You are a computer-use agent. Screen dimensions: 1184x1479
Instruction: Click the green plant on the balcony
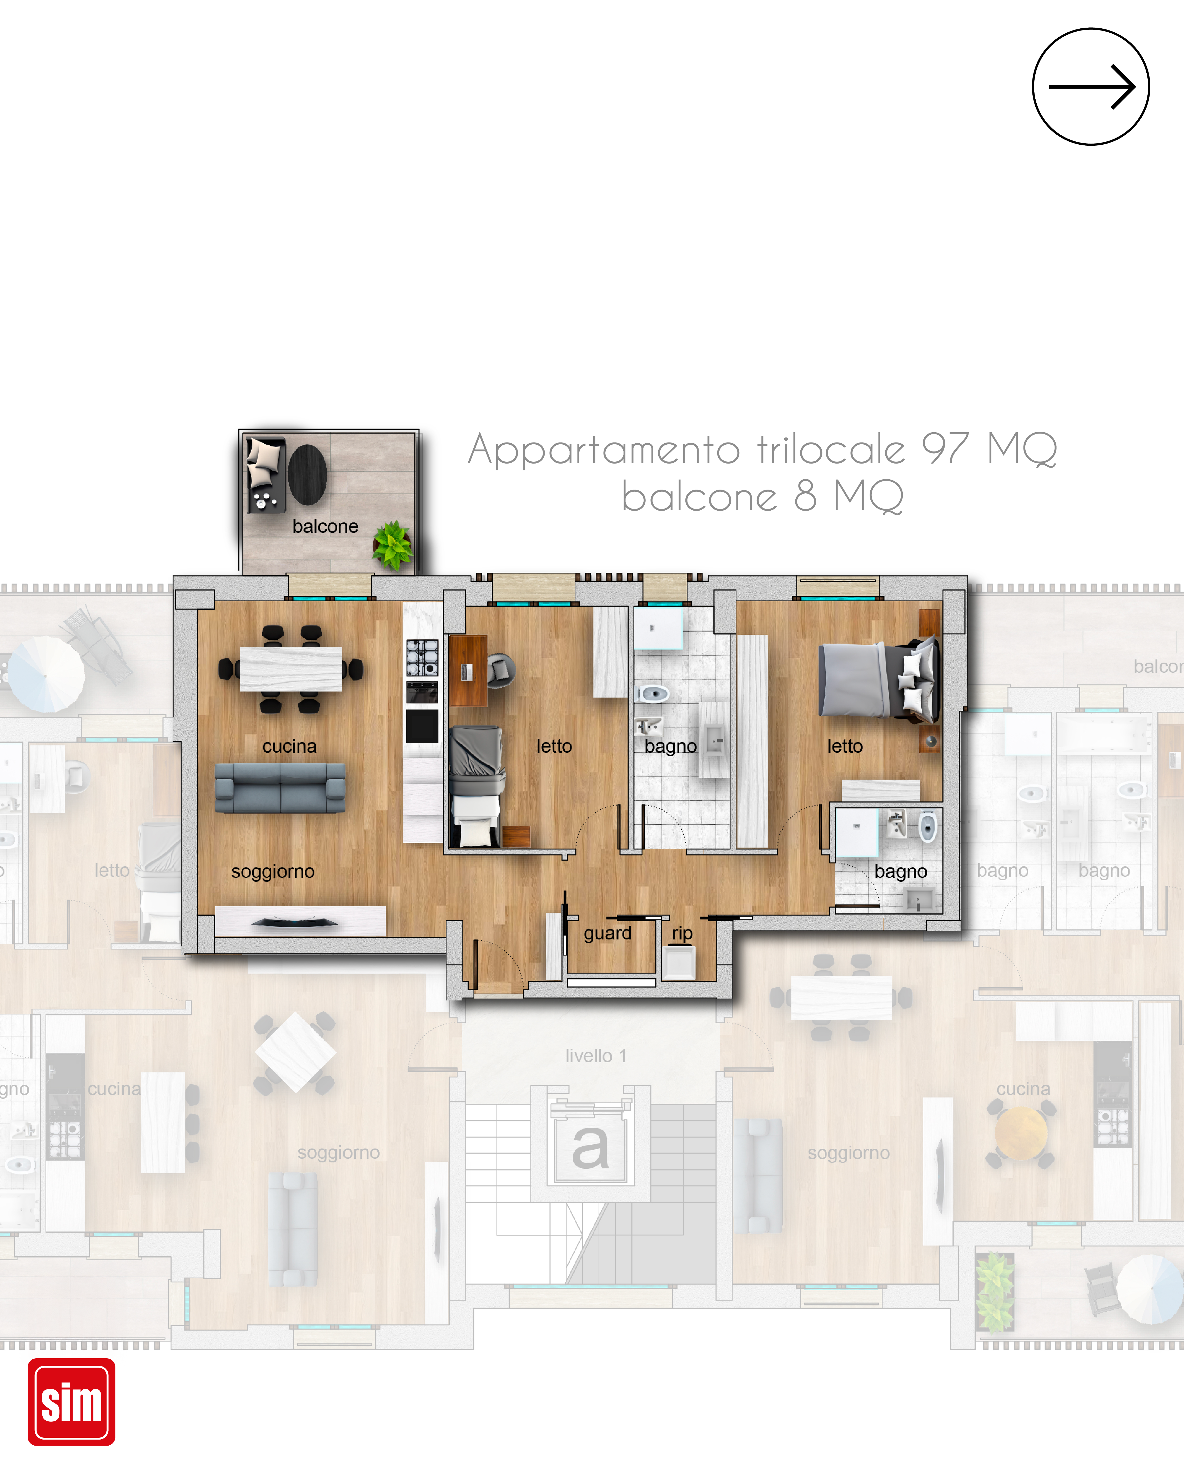tap(393, 545)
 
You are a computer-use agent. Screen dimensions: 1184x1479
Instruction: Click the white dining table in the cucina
tap(291, 669)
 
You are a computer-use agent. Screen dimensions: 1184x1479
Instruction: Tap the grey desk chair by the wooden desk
tap(500, 670)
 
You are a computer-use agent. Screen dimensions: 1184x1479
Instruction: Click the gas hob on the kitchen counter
tap(422, 657)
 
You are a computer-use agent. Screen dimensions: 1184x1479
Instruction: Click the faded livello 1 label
tap(596, 1056)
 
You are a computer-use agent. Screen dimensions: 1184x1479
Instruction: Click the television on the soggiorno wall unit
tap(295, 923)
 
